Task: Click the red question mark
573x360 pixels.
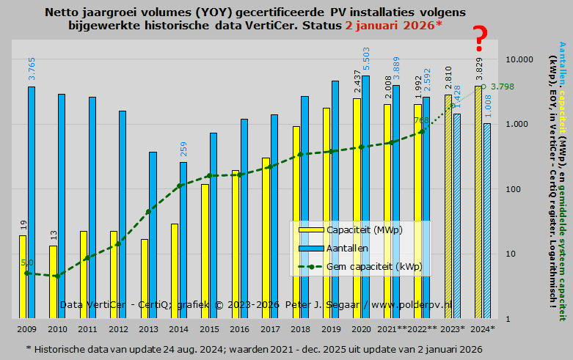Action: pyautogui.click(x=480, y=38)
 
